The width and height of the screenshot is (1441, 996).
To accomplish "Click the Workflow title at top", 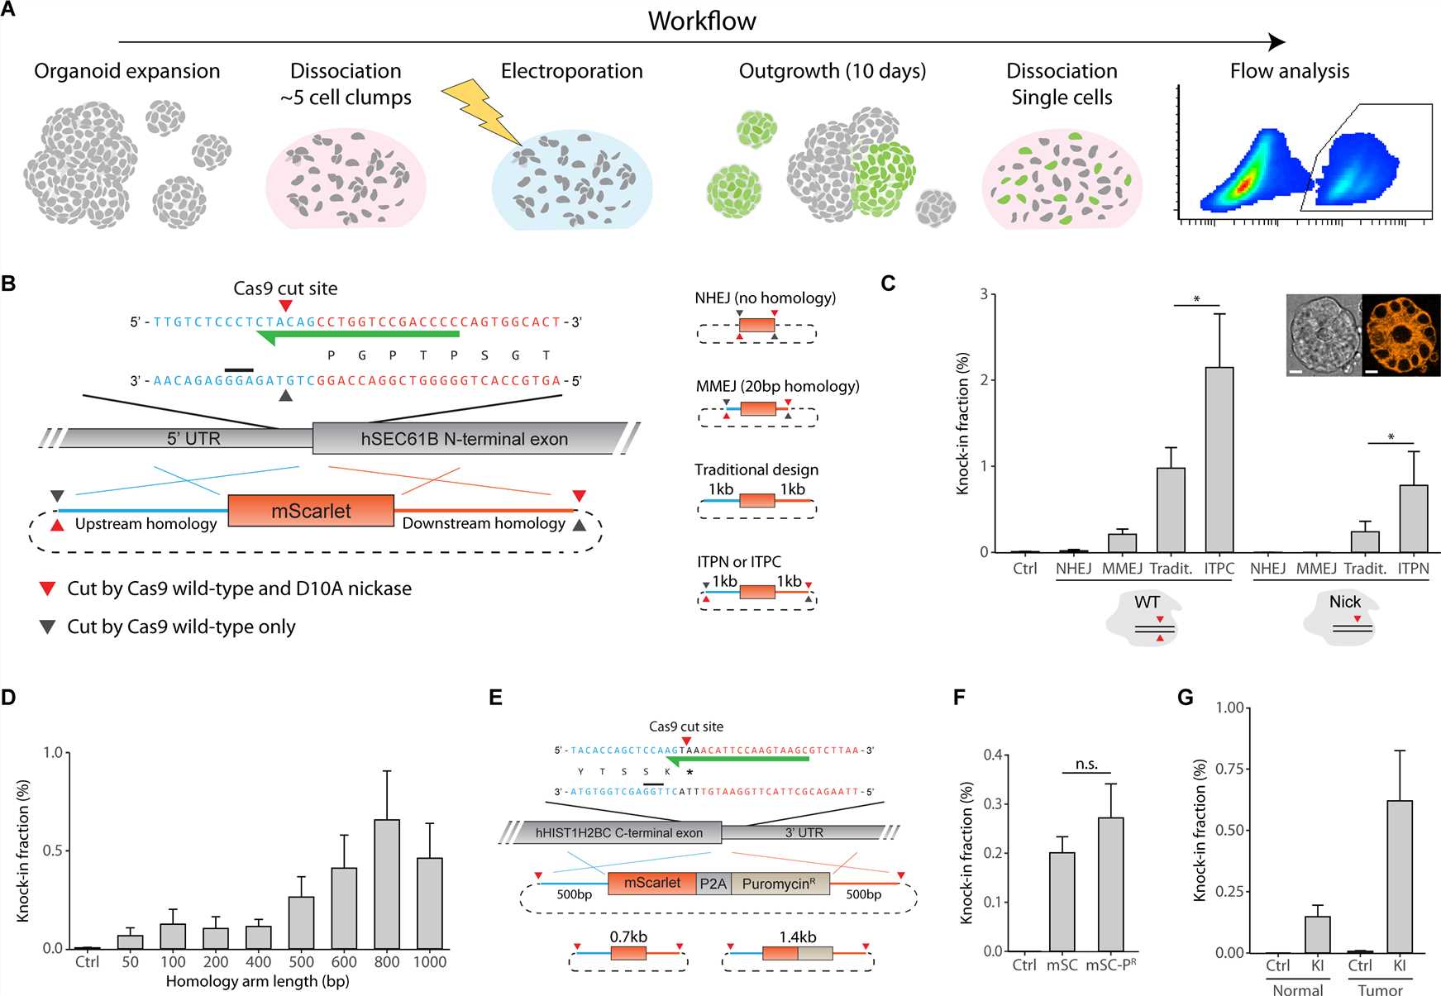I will pos(701,21).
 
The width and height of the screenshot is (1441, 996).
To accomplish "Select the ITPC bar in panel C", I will pos(1219,460).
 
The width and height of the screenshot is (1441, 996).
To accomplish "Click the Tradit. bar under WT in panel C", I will pos(1171,510).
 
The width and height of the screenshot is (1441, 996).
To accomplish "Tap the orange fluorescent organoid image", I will pos(1400,335).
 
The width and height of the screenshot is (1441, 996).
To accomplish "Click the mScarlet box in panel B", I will pos(311,511).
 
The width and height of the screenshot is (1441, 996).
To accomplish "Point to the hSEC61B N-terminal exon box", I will pos(465,439).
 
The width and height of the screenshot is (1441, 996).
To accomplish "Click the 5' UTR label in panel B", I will pos(193,439).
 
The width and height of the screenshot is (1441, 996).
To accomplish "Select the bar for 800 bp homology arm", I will pos(387,884).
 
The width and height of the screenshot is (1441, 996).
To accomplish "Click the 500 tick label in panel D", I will pos(301,962).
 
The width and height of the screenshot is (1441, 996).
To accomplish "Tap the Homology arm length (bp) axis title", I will pos(257,982).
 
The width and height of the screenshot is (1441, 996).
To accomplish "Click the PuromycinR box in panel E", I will pos(779,884).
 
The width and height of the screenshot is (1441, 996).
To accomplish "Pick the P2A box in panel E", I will pos(713,884).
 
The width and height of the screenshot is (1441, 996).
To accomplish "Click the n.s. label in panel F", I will pos(1086,765).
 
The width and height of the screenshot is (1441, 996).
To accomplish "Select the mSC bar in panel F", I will pos(1062,902).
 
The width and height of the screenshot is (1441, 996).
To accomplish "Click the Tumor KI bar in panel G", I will pos(1400,876).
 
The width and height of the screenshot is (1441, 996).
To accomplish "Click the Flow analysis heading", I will pos(1289,71).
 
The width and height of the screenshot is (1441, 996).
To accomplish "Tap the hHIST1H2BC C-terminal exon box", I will pos(618,832).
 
